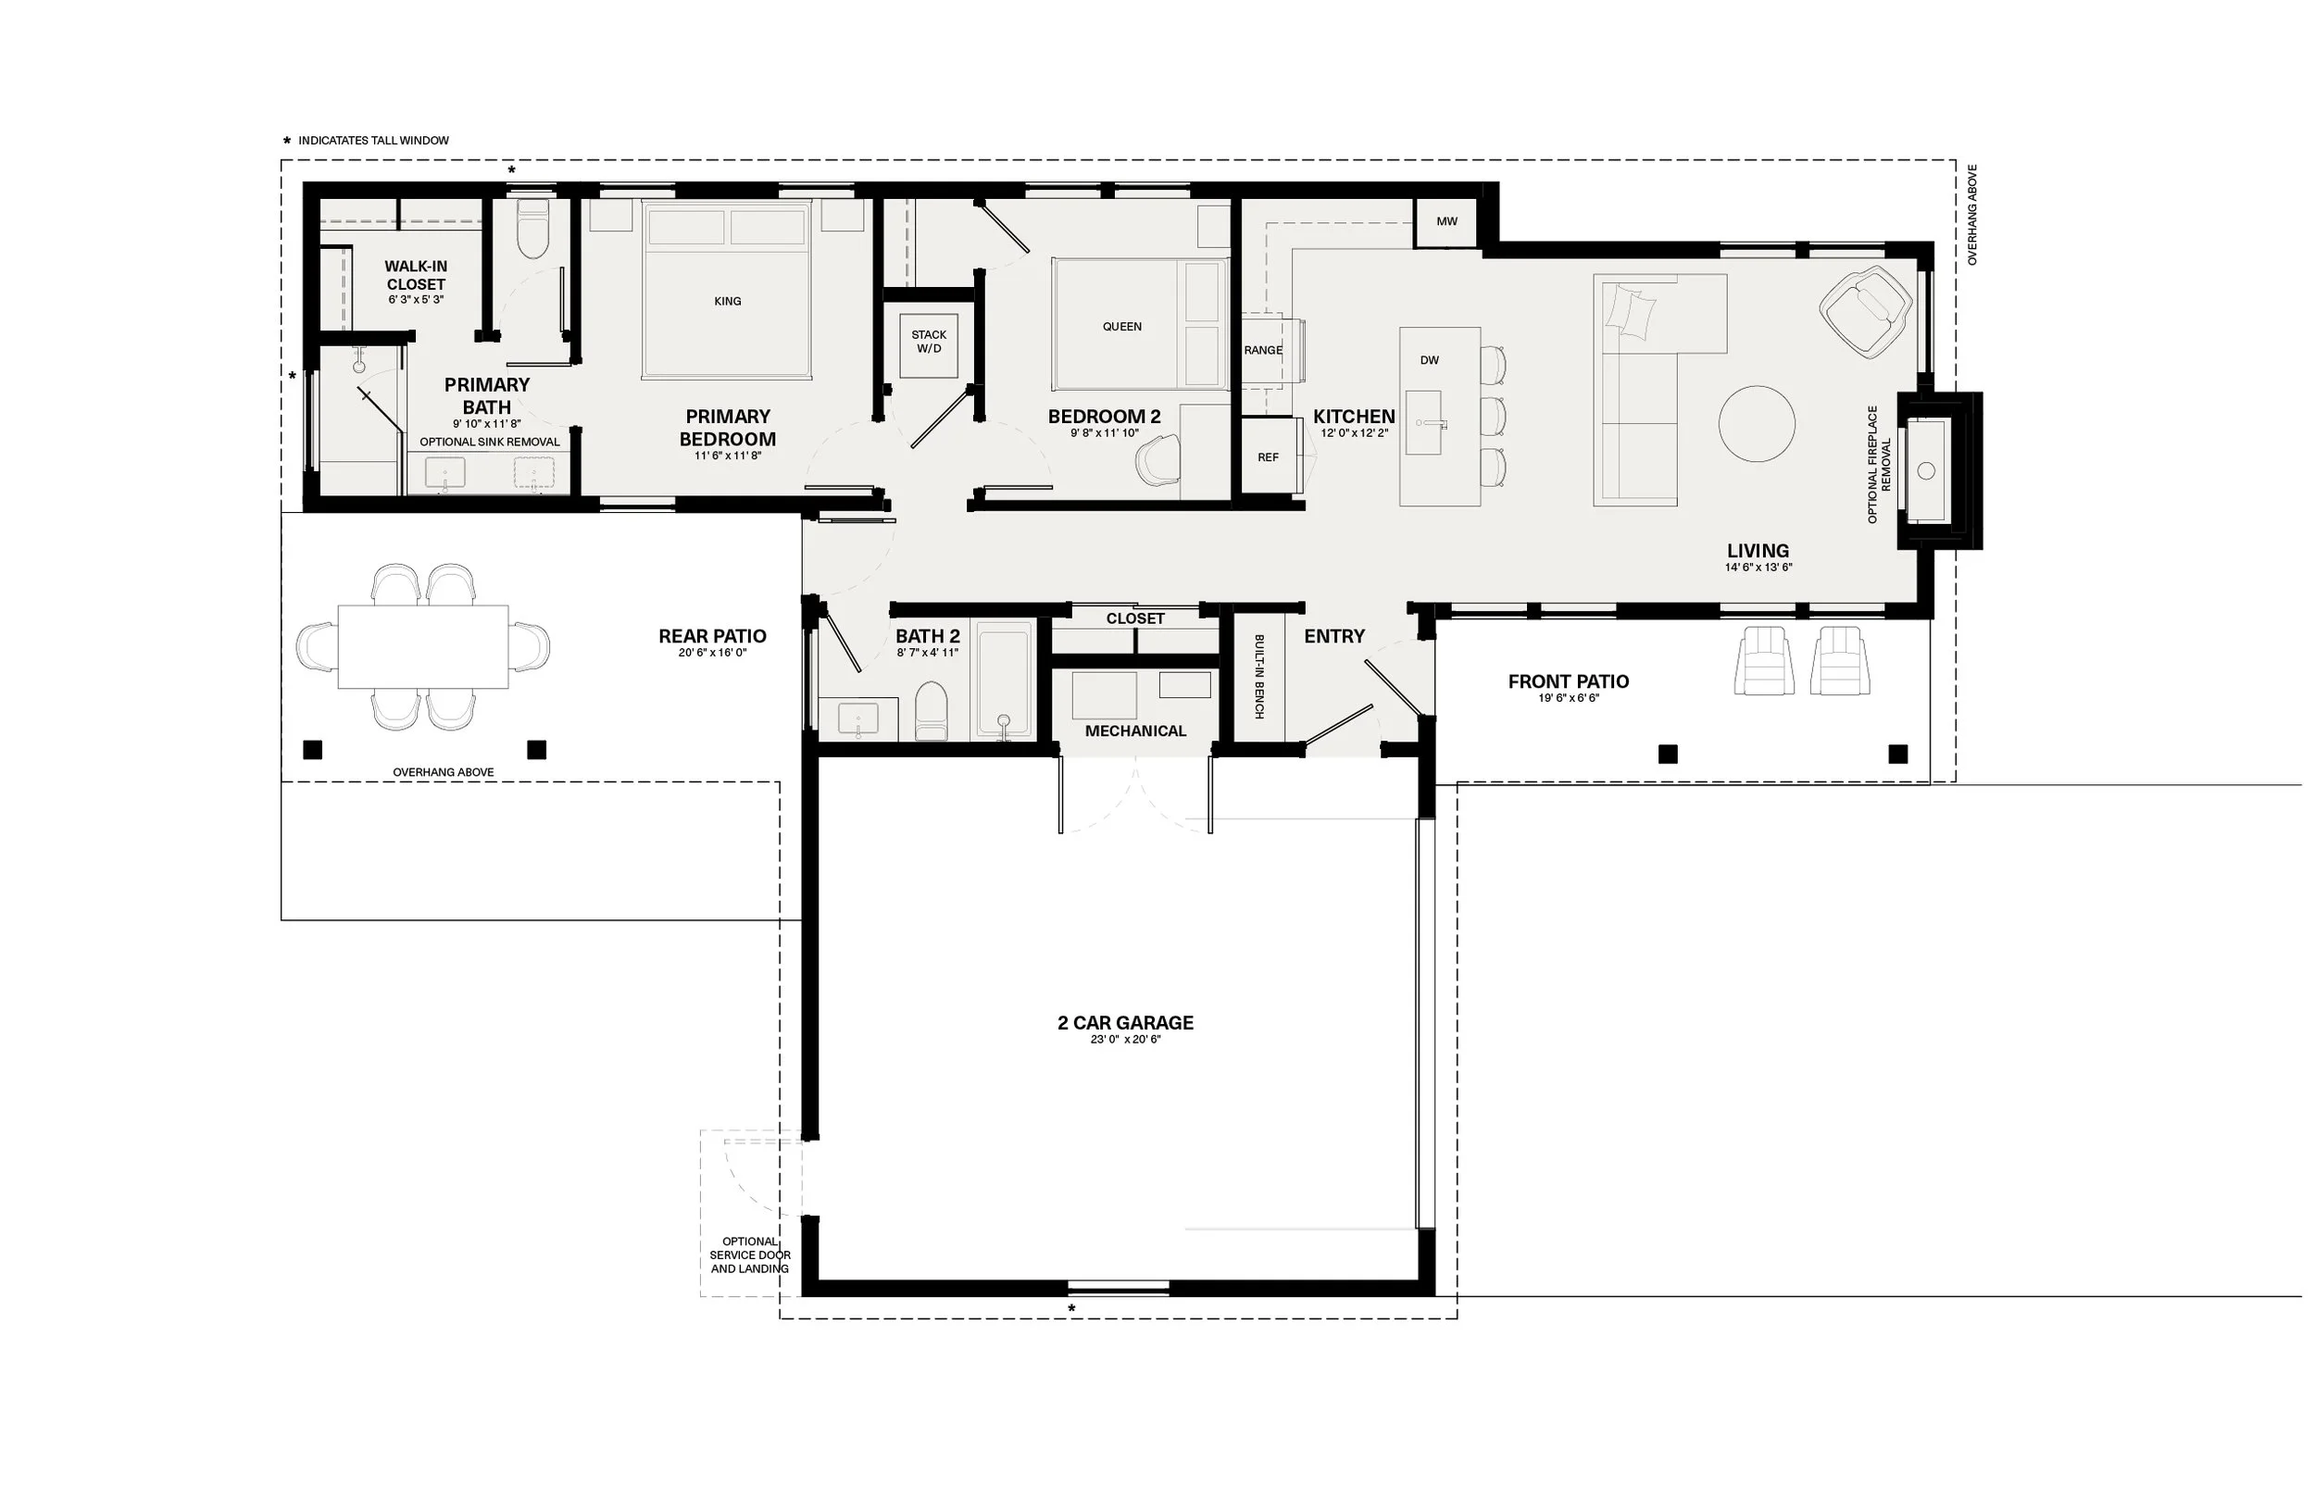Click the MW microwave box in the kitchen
point(1446,222)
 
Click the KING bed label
point(728,302)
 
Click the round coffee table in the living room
point(1757,424)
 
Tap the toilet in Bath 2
point(931,710)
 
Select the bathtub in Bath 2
point(1005,680)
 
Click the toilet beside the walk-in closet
point(532,229)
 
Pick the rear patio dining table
point(423,647)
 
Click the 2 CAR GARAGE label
point(1125,1022)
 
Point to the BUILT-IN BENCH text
point(1258,676)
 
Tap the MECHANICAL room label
point(1135,730)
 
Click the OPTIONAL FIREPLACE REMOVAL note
point(1878,465)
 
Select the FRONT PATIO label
point(1568,682)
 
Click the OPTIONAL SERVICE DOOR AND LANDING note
point(750,1255)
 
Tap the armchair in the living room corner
point(1866,310)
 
